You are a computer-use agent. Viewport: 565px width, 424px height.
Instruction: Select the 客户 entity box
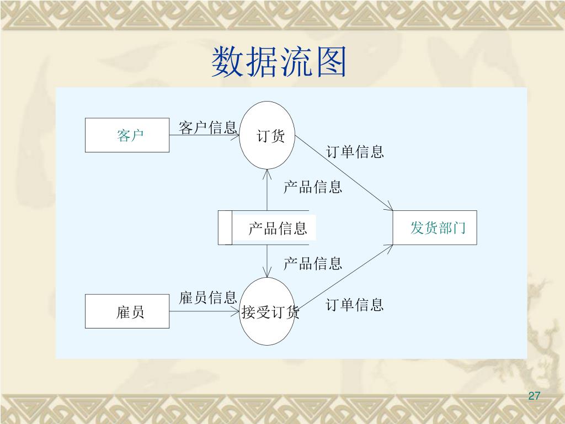coord(127,135)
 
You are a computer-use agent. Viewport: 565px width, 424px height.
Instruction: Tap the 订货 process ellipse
coord(268,135)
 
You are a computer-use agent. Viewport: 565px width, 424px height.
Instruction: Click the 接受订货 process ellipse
coord(268,312)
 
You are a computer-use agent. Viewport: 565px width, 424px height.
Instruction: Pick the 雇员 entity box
coord(127,312)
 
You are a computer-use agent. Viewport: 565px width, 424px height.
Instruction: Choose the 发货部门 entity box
coord(435,227)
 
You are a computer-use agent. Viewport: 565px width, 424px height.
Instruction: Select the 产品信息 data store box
coord(268,227)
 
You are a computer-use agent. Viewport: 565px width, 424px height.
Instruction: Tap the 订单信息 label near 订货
coord(355,152)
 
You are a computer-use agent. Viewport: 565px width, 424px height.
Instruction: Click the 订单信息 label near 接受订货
coord(355,304)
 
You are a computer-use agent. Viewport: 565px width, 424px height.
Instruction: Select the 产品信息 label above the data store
coord(312,187)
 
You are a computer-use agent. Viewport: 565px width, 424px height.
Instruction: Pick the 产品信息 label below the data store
coord(312,263)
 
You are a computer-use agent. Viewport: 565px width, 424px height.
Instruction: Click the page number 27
coord(534,396)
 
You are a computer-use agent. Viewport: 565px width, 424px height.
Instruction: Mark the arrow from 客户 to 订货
coord(204,136)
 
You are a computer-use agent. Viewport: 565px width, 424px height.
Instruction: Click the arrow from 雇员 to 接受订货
coord(204,311)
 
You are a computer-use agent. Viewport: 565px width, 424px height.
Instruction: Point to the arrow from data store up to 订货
coord(267,190)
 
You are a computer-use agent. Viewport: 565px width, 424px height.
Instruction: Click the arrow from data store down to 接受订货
coord(267,261)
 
